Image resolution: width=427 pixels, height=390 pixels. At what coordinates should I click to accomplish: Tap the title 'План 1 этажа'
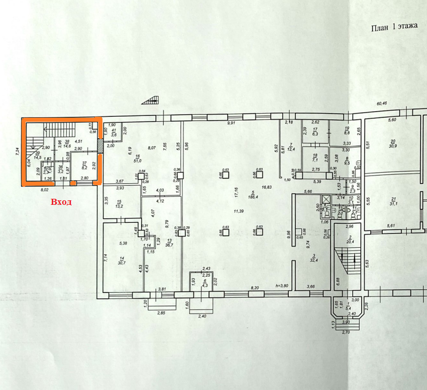pos(394,28)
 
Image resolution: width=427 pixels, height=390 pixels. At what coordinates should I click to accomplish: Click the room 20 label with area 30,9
pos(393,143)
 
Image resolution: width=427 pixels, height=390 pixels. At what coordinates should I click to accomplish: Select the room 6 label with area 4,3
pos(205,283)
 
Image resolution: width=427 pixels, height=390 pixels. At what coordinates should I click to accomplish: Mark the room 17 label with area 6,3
pos(315,132)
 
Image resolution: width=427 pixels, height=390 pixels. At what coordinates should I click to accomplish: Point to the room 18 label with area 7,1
pos(315,158)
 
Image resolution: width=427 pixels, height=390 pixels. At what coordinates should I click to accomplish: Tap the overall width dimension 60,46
pos(385,104)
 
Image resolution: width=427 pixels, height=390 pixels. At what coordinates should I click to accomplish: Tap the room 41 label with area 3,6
pos(114,132)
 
